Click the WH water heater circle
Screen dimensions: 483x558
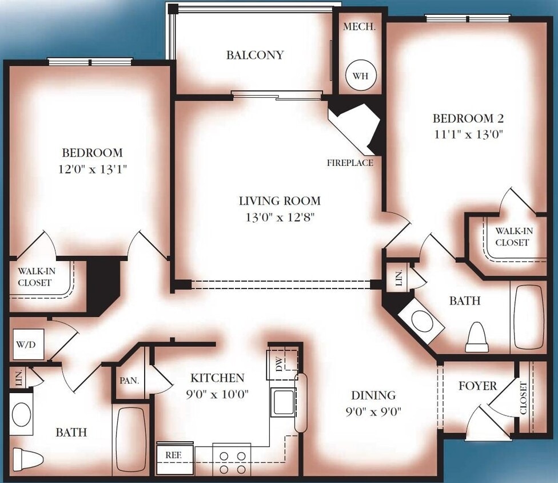tap(361, 75)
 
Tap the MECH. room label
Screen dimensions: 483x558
tap(359, 27)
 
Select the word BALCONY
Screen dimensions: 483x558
tap(255, 56)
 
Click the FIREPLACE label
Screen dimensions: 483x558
tap(350, 163)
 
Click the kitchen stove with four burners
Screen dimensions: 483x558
tap(232, 460)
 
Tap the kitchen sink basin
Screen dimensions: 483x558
tap(283, 402)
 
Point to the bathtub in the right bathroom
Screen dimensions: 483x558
tap(528, 317)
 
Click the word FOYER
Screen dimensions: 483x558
tap(477, 386)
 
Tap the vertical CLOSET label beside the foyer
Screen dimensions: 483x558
tap(524, 398)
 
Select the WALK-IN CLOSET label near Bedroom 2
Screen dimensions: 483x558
tap(512, 237)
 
